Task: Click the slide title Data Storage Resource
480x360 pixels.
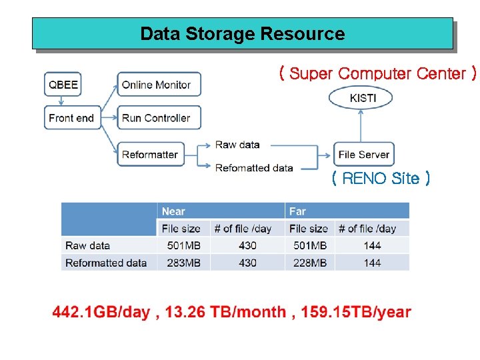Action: pyautogui.click(x=242, y=34)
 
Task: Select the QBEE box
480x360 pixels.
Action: pyautogui.click(x=63, y=85)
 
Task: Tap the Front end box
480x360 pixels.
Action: pyautogui.click(x=71, y=118)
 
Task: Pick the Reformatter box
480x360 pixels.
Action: pyautogui.click(x=151, y=154)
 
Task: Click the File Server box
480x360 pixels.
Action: pyautogui.click(x=363, y=154)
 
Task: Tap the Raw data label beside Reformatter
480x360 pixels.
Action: pyautogui.click(x=237, y=145)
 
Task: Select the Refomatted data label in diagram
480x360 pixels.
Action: pyautogui.click(x=254, y=168)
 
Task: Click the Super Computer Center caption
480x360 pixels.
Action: pyautogui.click(x=378, y=73)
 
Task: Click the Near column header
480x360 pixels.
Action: pyautogui.click(x=174, y=211)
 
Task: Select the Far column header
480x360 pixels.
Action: pyautogui.click(x=297, y=211)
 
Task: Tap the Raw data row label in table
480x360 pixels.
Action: pyautogui.click(x=88, y=245)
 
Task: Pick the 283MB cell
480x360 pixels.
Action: pyautogui.click(x=183, y=263)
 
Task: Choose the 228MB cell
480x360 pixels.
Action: pyautogui.click(x=309, y=263)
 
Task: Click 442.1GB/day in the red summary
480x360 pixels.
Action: pyautogui.click(x=101, y=312)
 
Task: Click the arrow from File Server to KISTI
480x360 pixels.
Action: pyautogui.click(x=361, y=125)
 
